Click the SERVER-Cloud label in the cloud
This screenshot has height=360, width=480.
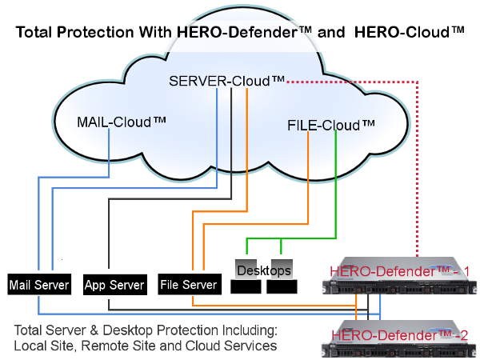(x=226, y=81)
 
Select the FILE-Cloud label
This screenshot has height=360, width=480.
(x=330, y=126)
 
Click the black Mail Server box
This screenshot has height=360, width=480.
(x=38, y=284)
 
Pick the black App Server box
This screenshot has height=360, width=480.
(x=114, y=284)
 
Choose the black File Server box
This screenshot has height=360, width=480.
(x=189, y=284)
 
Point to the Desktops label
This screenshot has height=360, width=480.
(x=263, y=270)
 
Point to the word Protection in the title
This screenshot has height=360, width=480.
(x=108, y=33)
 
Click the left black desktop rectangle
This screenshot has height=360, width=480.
(x=246, y=286)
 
